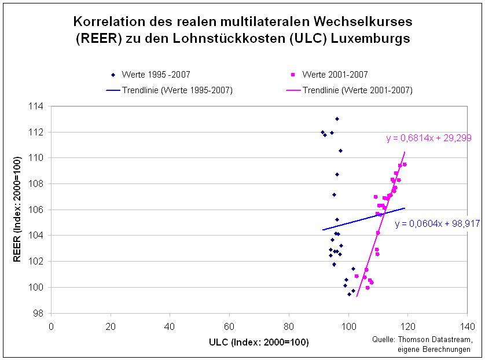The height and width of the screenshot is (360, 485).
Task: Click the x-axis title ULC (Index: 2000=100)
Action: tap(258, 342)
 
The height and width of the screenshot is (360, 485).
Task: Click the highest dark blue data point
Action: tap(337, 119)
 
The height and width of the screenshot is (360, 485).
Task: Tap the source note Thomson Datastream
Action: tap(431, 339)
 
